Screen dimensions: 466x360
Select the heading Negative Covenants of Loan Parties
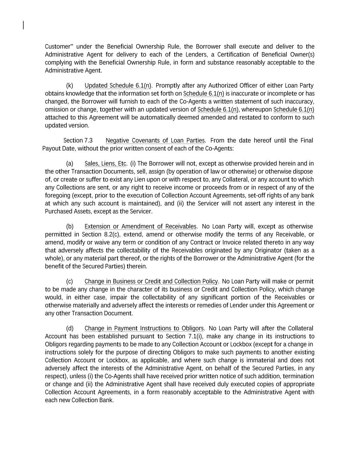point(155,141)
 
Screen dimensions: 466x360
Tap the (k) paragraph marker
point(70,85)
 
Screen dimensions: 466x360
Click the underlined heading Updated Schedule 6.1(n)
point(118,85)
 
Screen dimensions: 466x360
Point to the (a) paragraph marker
point(70,164)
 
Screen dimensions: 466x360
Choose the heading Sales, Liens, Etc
point(106,164)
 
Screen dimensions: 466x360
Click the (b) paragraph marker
point(70,226)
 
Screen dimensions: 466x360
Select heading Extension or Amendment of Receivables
point(140,226)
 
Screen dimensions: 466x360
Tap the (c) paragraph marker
point(70,281)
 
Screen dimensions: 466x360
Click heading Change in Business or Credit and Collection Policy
point(151,281)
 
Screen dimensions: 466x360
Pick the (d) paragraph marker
point(70,328)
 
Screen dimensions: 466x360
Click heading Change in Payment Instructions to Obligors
point(144,328)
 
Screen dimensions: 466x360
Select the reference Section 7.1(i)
point(184,336)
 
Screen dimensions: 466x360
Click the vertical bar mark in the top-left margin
point(23,25)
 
